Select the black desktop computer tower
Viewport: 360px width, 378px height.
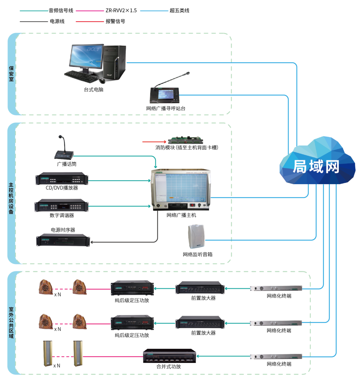point(115,62)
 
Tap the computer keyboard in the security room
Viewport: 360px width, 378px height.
point(81,75)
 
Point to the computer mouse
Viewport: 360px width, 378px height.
point(103,81)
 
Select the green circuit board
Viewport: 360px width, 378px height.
point(185,141)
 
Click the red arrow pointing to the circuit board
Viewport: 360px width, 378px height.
point(154,142)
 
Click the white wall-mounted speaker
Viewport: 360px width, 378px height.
point(196,237)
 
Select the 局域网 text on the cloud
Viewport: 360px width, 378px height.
point(316,167)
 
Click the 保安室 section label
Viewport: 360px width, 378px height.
point(11,74)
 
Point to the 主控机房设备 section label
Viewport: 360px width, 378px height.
point(11,199)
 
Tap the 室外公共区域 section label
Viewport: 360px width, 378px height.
point(11,323)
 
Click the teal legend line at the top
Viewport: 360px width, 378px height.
point(34,11)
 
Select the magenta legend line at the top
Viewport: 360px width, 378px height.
point(90,11)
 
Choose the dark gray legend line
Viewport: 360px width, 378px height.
point(34,22)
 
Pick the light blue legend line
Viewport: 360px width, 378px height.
point(154,11)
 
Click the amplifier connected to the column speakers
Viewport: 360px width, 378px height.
point(170,356)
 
